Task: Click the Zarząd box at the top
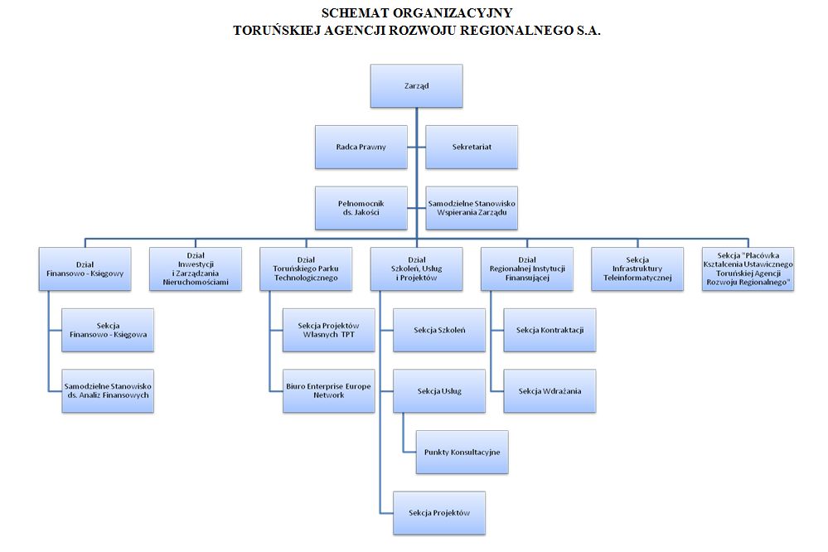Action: [417, 86]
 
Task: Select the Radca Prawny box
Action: [361, 147]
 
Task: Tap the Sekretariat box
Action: [472, 147]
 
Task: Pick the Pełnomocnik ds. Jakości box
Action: [361, 208]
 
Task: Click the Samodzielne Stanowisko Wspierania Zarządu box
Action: [472, 208]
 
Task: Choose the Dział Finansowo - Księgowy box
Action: [85, 269]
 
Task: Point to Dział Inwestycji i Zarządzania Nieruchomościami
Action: [196, 269]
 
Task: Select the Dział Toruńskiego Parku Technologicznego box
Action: [306, 269]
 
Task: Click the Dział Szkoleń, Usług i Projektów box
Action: [417, 269]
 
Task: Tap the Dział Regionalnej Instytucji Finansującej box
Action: [527, 269]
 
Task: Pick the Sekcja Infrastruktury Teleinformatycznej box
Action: [637, 269]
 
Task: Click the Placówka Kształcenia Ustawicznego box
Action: [748, 269]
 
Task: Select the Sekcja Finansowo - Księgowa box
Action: [108, 330]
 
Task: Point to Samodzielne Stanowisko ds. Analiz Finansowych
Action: [108, 391]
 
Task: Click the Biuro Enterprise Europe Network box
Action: [329, 391]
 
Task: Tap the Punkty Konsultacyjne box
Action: [462, 453]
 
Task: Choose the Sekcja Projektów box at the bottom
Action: [439, 513]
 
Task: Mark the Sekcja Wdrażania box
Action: [550, 391]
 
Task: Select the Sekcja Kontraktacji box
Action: [550, 330]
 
